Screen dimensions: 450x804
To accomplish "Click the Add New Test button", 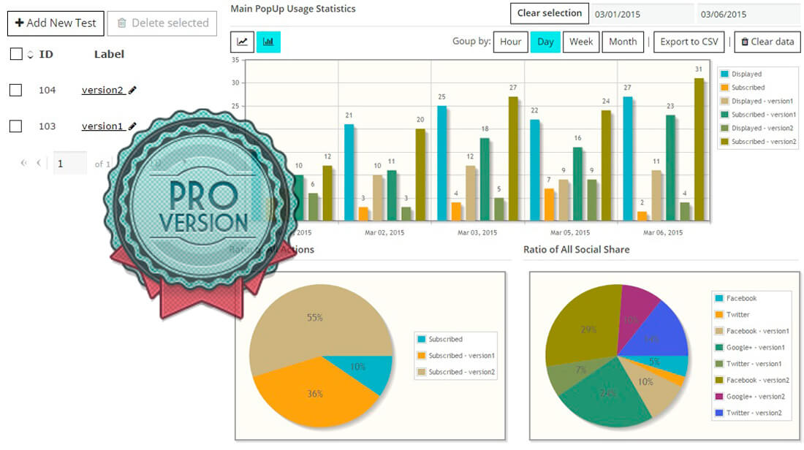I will (56, 23).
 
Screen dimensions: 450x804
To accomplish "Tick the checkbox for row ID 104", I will (15, 90).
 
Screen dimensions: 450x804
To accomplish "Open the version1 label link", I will (102, 126).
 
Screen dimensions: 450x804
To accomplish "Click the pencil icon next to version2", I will (132, 90).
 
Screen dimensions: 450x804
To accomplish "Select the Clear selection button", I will (550, 13).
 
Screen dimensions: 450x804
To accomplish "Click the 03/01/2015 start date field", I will (642, 14).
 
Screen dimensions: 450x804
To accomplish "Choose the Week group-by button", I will (581, 42).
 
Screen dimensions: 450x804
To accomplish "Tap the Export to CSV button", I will (689, 42).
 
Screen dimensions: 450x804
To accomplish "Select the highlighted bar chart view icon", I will (268, 42).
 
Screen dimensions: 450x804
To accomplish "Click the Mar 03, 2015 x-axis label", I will (477, 232).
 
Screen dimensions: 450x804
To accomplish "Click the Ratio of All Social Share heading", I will (576, 250).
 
